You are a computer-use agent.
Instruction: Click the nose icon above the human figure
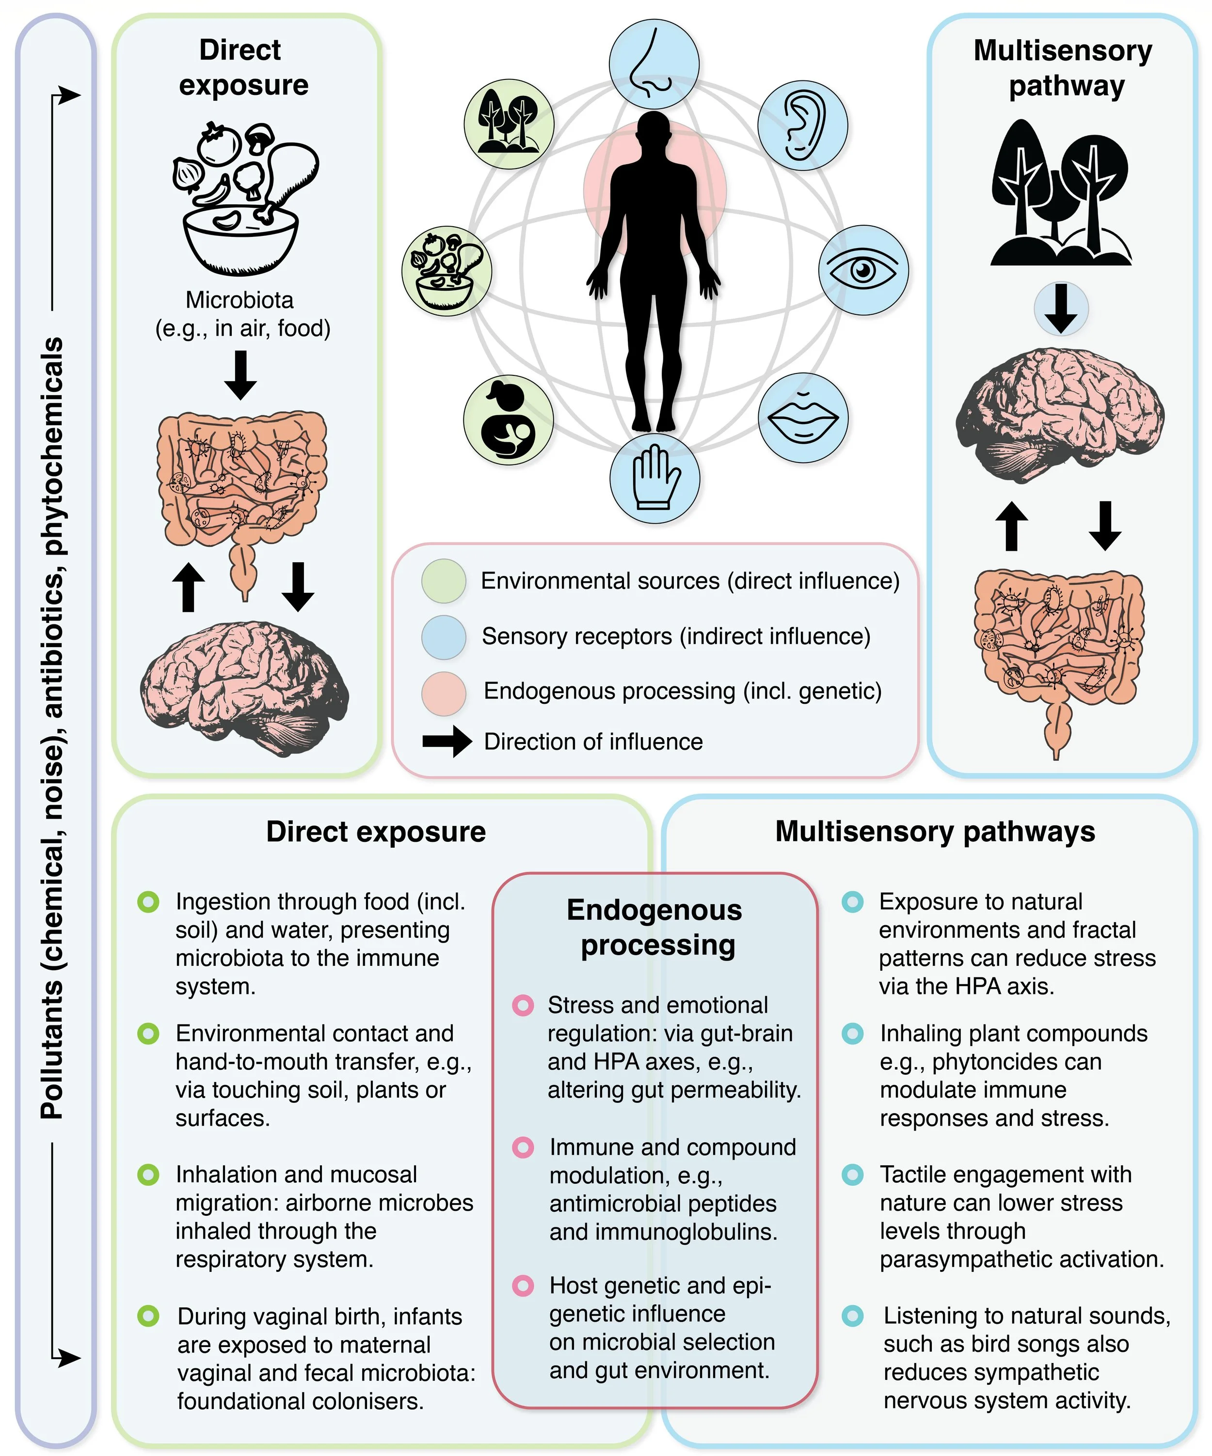(x=654, y=64)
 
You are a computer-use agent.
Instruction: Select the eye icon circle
(x=863, y=270)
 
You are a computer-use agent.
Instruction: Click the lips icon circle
(x=803, y=418)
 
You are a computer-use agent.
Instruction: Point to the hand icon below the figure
(x=654, y=479)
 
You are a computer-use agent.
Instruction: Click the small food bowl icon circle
(x=447, y=270)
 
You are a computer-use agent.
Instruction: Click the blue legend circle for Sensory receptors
(x=443, y=636)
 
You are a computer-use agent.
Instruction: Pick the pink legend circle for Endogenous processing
(x=443, y=693)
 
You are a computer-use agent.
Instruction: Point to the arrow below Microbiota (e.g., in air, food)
(x=241, y=375)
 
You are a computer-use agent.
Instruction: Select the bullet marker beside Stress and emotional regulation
(x=523, y=1006)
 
